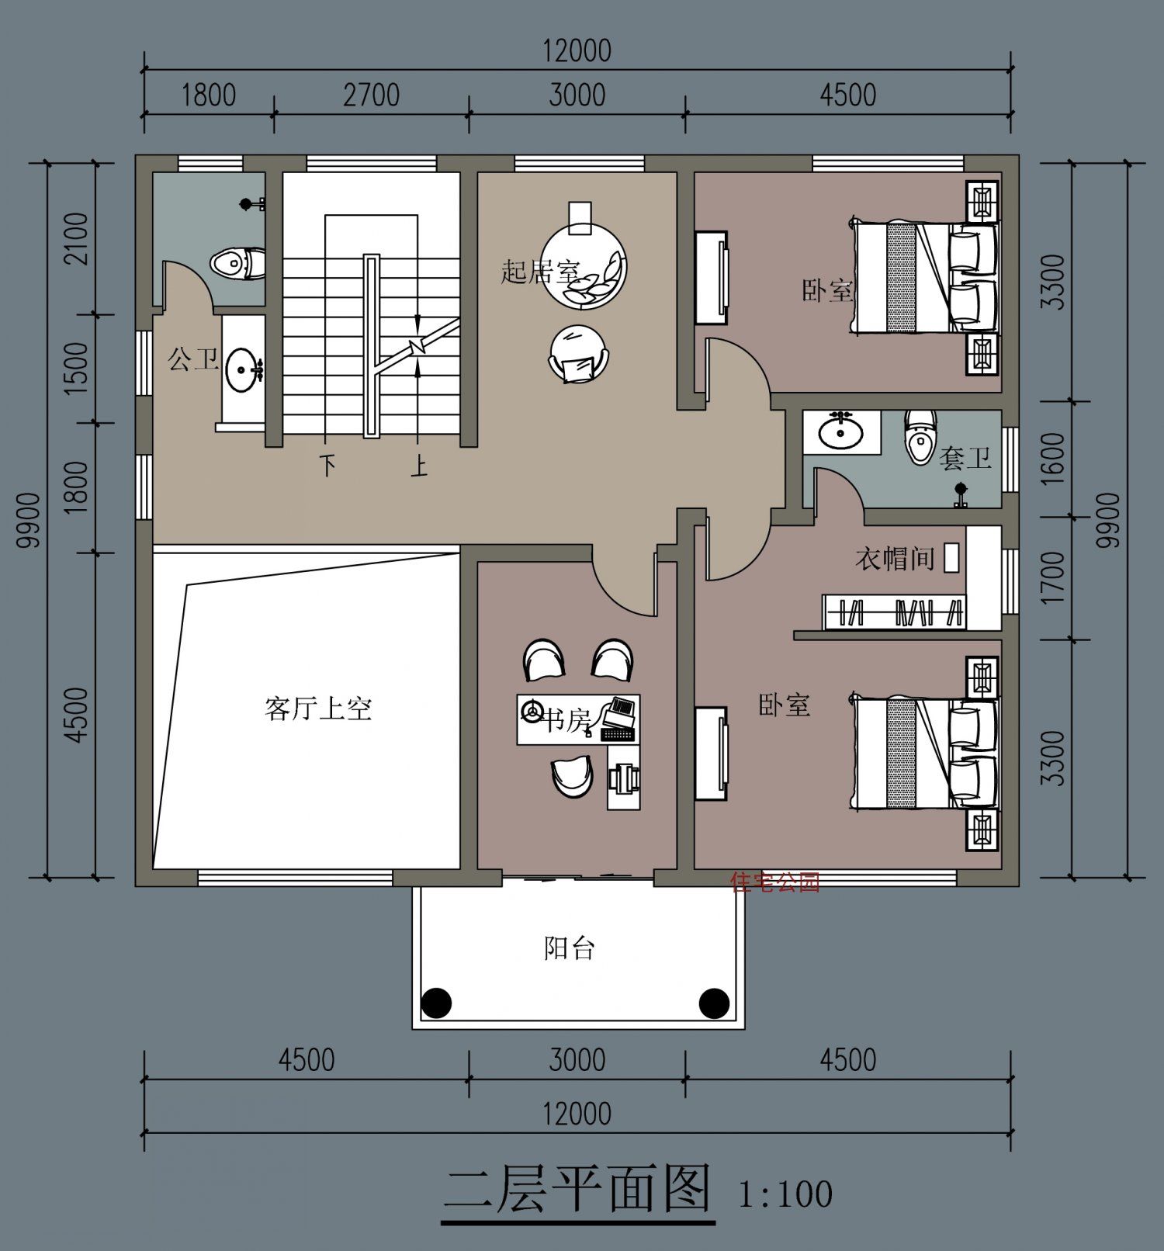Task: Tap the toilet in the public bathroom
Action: (237, 263)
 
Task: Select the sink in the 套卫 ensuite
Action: (840, 431)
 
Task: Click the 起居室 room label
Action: (540, 272)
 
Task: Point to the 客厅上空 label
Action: (318, 708)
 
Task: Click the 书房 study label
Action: (566, 720)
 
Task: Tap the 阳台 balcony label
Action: (569, 948)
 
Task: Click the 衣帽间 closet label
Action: (895, 558)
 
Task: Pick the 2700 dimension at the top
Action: (371, 95)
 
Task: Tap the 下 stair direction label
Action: (328, 466)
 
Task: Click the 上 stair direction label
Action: (419, 466)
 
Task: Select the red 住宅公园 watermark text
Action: (775, 882)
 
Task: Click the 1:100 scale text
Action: (785, 1193)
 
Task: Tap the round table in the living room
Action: (584, 265)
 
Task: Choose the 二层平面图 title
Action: (577, 1190)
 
